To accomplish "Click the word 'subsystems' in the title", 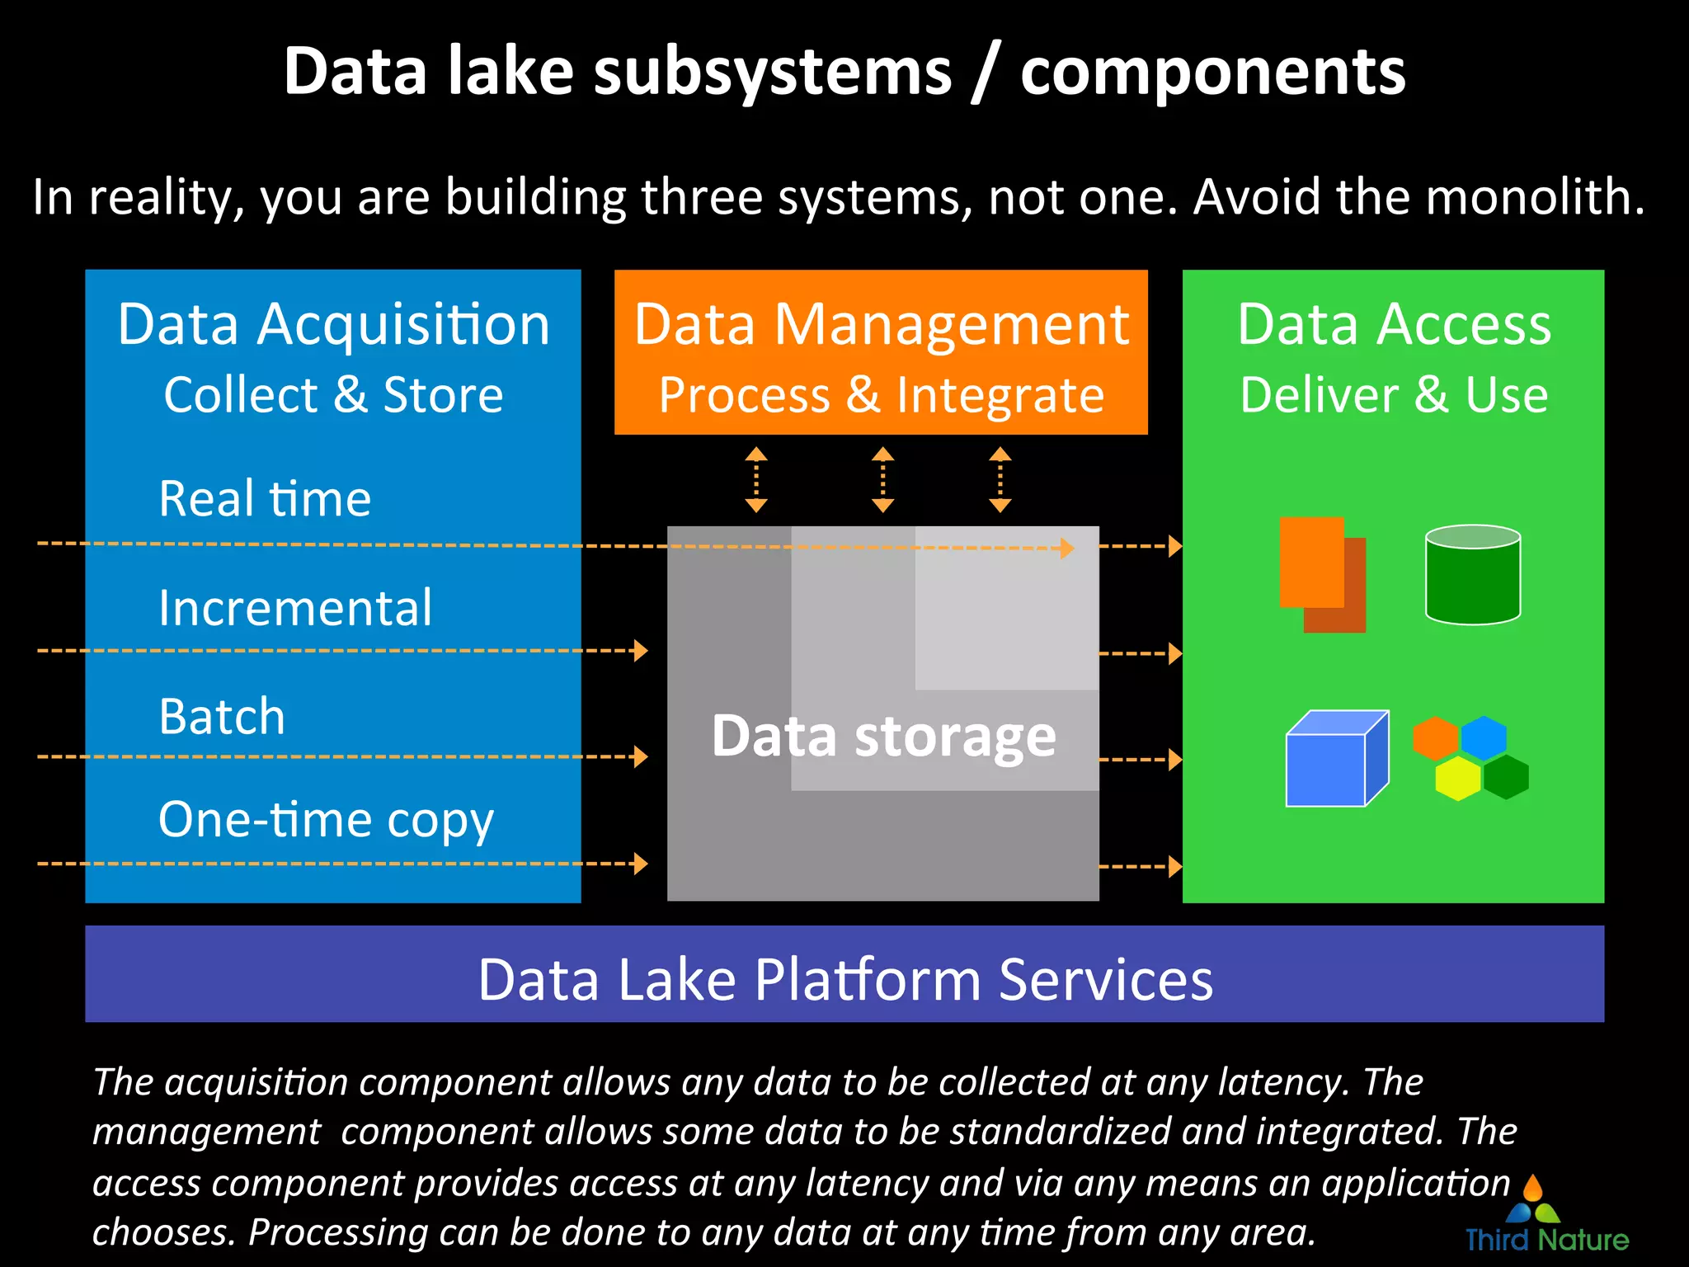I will click(772, 73).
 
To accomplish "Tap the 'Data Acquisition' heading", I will click(333, 324).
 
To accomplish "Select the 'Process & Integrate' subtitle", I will click(881, 395).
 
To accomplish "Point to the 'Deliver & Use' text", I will click(1394, 395).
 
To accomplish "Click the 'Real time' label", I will click(265, 499).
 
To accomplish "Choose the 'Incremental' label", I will click(294, 608).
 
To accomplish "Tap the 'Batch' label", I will click(222, 716).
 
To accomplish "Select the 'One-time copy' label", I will click(326, 820).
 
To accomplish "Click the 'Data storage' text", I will click(883, 736).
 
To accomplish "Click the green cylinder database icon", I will click(1472, 575).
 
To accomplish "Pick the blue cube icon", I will click(1335, 760).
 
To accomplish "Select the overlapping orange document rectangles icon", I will click(1321, 574).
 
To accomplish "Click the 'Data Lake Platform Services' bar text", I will click(844, 980).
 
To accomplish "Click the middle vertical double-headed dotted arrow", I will click(882, 479).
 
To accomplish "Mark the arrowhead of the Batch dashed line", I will click(641, 756).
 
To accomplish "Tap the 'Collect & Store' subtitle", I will click(333, 395).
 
